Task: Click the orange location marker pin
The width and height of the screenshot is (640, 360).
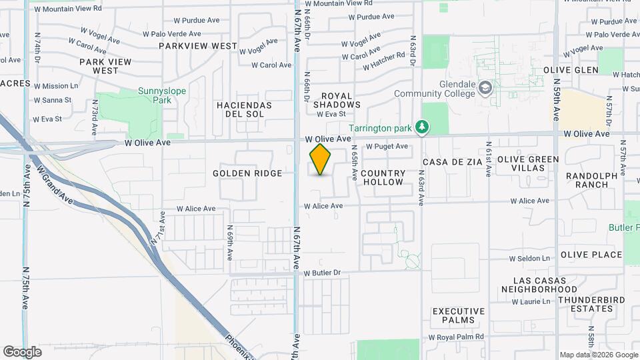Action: (x=321, y=159)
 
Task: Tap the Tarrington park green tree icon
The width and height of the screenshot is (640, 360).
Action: (x=421, y=127)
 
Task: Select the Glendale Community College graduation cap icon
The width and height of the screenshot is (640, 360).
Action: (x=486, y=88)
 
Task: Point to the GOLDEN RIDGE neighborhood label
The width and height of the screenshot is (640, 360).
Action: (x=247, y=173)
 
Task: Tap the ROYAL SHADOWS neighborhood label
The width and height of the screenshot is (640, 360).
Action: (x=337, y=100)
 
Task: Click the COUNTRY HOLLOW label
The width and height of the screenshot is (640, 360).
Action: (x=383, y=177)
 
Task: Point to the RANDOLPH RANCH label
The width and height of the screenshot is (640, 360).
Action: (x=593, y=180)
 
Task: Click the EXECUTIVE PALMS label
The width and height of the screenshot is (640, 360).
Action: (x=458, y=315)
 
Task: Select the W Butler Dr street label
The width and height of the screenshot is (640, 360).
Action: (x=322, y=273)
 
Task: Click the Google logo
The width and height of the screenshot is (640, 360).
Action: (x=22, y=352)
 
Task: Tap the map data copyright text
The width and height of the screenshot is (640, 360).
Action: (x=597, y=355)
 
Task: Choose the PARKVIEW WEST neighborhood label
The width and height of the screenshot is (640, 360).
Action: (x=198, y=46)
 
